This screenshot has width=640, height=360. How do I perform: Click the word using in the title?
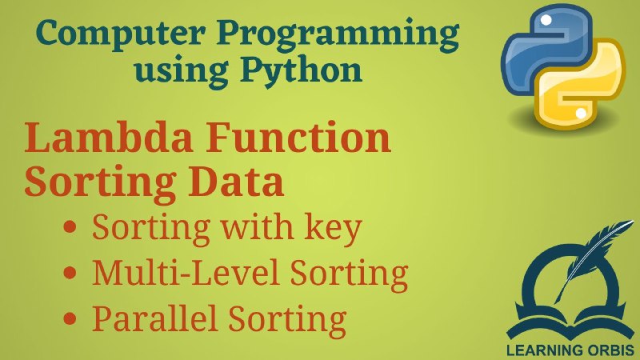coord(182,74)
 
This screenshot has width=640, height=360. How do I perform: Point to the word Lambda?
coord(109,138)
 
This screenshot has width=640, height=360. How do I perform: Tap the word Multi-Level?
coord(187,272)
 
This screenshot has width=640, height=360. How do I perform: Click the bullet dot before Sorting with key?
coord(70,227)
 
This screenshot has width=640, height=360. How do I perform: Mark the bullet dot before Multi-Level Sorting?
coord(70,273)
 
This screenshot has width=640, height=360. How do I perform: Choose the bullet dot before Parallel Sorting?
coord(70,318)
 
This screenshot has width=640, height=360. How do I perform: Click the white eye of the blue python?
coord(546,20)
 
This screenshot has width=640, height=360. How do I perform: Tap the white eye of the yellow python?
coord(581,113)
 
